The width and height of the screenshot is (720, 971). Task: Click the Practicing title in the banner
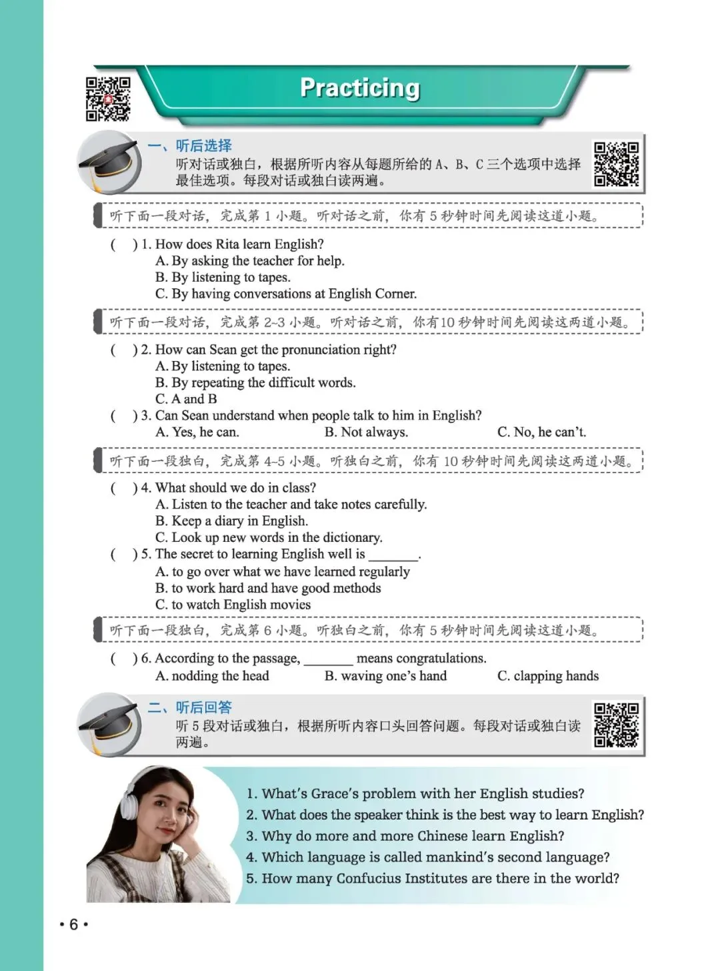point(360,88)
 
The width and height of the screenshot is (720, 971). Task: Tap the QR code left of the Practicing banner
point(107,99)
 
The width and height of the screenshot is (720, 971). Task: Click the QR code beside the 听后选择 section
point(616,164)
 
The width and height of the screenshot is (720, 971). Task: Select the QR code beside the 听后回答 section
point(616,725)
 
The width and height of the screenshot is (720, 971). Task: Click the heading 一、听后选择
point(190,145)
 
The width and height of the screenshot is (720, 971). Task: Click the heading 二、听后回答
point(190,707)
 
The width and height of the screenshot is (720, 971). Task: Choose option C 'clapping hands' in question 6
point(548,676)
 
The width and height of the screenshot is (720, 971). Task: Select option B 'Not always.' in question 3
point(366,432)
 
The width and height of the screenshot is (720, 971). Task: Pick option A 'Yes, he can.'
point(197,432)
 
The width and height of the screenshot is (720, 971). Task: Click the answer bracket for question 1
point(124,244)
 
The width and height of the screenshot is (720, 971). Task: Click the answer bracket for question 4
point(124,488)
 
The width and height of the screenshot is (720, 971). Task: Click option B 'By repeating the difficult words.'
point(256,382)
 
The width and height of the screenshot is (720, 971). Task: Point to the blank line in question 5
point(393,555)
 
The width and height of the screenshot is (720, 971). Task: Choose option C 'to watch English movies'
point(233,605)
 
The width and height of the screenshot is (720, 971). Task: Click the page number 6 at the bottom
point(73,924)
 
